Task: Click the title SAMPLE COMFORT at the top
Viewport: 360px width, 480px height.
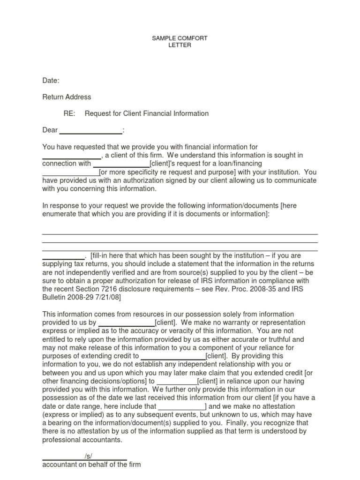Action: (180, 38)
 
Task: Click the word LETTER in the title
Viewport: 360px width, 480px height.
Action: (180, 45)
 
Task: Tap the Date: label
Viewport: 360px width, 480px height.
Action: (51, 81)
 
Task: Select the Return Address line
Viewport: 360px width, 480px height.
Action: (67, 97)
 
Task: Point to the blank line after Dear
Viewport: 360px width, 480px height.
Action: (90, 130)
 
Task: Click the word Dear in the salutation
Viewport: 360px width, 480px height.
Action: (50, 130)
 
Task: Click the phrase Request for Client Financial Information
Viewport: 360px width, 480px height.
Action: (146, 113)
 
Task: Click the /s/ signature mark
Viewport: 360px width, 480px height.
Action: (89, 457)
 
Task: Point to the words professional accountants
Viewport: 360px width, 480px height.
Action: (82, 440)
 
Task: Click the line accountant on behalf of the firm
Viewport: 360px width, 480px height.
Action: (91, 465)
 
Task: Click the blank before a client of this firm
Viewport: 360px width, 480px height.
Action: (71, 155)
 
